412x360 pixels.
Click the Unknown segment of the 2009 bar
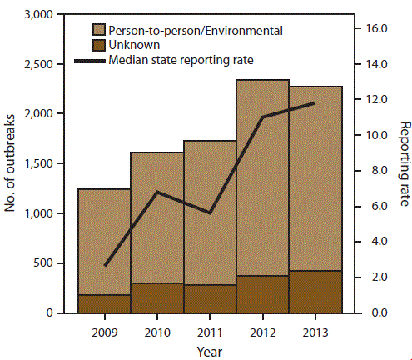tap(105, 303)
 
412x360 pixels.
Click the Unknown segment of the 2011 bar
tap(210, 298)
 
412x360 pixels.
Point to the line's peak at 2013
tap(315, 103)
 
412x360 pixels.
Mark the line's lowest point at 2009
tap(105, 266)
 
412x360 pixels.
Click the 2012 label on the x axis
tap(262, 331)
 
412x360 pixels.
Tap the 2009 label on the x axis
tap(105, 331)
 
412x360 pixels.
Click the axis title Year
tap(210, 350)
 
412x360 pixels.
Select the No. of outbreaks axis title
tap(11, 164)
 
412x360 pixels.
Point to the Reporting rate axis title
tap(405, 164)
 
